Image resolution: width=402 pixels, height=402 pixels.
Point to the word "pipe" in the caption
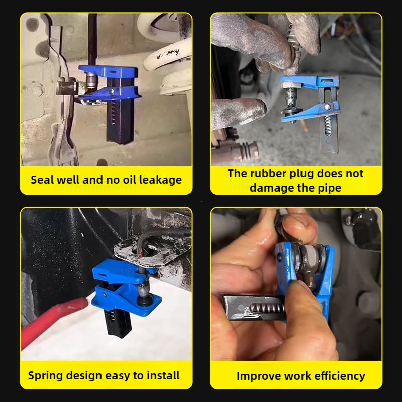coord(329,188)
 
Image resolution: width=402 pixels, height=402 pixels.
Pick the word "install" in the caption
coord(162,375)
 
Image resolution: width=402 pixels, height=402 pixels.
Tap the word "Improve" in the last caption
coord(258,376)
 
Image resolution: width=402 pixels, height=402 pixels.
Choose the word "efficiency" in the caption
coord(340,376)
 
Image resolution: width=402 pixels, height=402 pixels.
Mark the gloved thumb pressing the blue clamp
coord(236,111)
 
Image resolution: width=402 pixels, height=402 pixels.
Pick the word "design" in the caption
coord(90,375)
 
